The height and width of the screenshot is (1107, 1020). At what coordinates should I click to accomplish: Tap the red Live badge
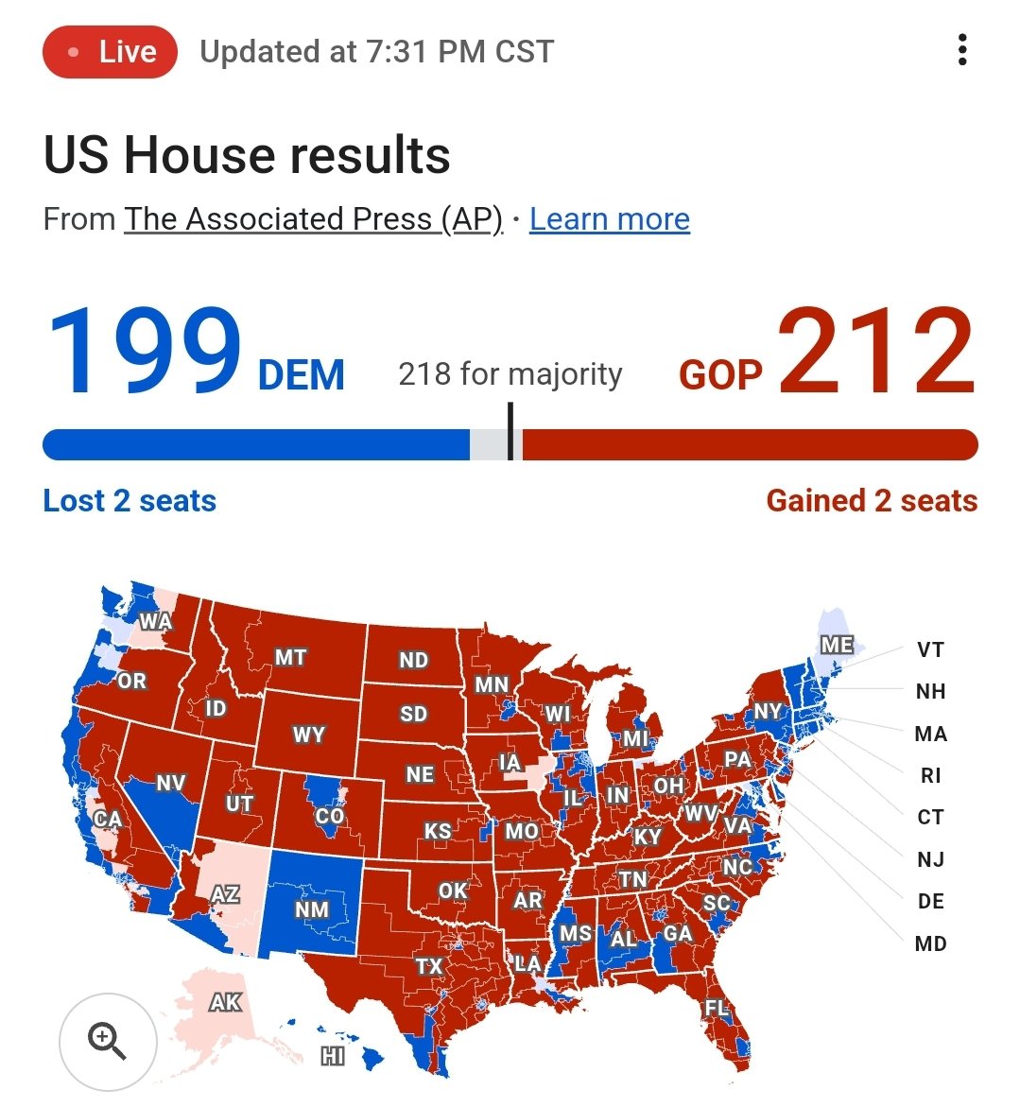110,51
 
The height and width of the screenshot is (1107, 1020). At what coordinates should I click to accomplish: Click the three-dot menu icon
962,50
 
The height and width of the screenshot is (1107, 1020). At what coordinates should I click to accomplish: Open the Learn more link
609,219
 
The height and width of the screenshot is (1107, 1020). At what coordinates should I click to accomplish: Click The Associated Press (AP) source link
313,219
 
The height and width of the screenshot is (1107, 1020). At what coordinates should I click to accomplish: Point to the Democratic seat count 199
144,352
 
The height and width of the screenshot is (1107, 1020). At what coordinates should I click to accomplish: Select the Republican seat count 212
876,352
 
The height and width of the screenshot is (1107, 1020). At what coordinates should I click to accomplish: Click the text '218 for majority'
510,374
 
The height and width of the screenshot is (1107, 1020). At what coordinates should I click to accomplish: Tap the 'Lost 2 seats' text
130,500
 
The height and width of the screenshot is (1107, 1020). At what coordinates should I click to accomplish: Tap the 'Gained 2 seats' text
872,500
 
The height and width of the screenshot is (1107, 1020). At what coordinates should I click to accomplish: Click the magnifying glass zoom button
107,1041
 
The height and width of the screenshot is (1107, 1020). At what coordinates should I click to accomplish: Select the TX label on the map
429,965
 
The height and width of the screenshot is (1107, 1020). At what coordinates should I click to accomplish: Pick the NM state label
311,909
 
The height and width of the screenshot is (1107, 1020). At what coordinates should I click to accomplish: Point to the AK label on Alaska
225,1002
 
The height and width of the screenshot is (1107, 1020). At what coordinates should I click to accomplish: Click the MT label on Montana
290,657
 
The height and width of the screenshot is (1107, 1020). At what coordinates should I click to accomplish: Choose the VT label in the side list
930,649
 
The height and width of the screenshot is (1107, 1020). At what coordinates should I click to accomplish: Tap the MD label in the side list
930,943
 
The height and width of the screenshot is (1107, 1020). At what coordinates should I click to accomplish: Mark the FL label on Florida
717,1009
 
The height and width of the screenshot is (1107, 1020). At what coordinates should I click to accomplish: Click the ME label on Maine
837,645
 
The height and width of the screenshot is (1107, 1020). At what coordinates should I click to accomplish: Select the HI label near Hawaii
332,1056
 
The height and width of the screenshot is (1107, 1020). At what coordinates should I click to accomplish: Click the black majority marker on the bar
510,432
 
